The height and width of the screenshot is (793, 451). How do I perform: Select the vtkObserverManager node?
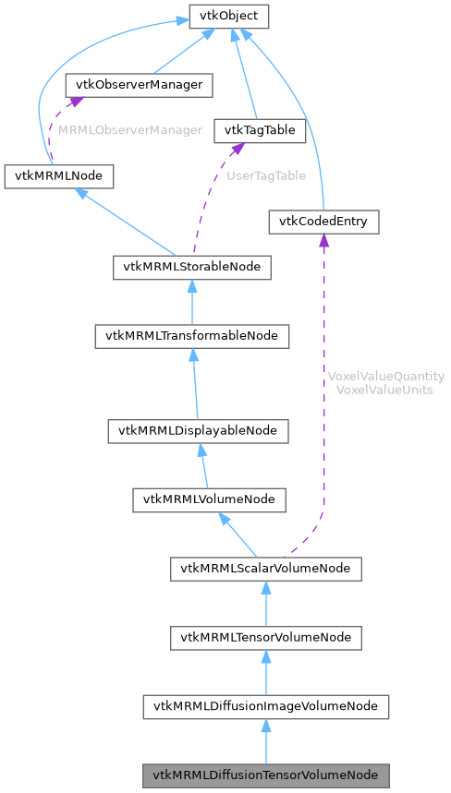click(139, 85)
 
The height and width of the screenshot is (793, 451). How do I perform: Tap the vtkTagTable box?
click(259, 130)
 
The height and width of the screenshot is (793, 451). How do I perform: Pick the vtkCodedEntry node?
click(323, 222)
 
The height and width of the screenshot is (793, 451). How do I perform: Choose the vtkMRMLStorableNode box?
click(192, 268)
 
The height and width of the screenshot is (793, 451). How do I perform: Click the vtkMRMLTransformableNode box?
click(192, 336)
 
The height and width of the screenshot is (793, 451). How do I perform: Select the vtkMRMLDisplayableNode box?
click(198, 430)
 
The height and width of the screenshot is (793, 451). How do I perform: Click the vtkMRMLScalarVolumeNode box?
click(265, 568)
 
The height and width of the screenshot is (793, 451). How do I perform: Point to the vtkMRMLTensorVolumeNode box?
click(265, 637)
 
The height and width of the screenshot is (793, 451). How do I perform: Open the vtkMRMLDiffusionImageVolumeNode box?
click(265, 706)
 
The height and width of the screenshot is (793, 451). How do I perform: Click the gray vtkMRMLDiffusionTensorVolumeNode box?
click(265, 775)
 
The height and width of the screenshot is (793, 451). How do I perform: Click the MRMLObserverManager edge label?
click(130, 130)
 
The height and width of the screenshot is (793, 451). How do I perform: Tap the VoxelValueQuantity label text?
click(386, 377)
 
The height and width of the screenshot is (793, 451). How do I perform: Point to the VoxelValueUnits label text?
click(386, 390)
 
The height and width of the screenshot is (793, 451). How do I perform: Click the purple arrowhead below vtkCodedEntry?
click(323, 241)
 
